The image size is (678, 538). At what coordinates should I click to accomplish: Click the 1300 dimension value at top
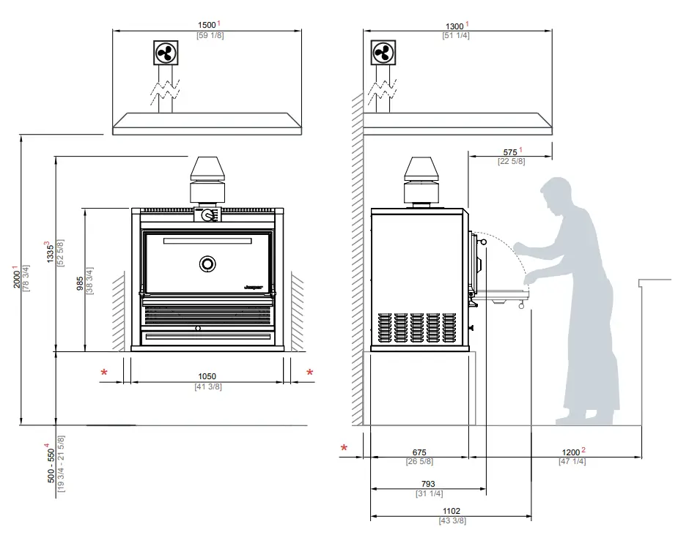(454, 26)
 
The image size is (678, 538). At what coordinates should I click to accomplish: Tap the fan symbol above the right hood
(383, 53)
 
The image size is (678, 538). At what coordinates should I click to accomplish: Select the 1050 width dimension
(207, 377)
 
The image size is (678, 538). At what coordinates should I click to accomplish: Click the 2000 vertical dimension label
(15, 277)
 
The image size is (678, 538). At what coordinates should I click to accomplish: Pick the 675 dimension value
(419, 453)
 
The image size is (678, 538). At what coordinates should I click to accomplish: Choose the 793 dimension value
(428, 484)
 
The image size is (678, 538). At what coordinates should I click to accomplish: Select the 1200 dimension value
(570, 452)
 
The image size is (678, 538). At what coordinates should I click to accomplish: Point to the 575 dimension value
(511, 152)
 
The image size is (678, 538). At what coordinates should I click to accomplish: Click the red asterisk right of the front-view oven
(309, 373)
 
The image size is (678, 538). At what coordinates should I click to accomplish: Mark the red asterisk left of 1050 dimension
(104, 373)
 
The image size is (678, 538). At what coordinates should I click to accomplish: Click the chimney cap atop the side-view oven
(423, 170)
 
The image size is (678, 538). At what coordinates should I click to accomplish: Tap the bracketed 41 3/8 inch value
(207, 386)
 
